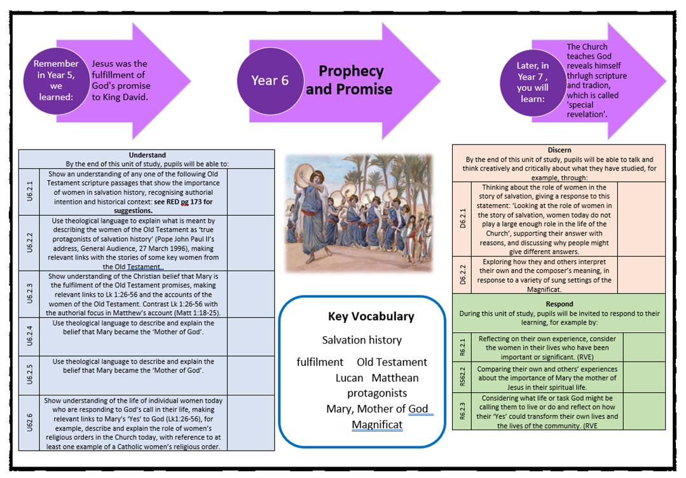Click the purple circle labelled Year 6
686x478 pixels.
270,80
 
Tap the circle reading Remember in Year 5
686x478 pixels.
57,80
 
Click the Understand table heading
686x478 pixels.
147,155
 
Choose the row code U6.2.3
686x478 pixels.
29,294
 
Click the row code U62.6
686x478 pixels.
29,423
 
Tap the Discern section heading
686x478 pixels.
559,150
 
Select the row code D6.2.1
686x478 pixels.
462,220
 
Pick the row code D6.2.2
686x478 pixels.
462,275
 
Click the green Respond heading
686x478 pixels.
559,304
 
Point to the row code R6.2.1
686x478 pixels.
462,347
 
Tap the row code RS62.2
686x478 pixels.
462,377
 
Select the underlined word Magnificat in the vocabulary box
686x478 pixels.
377,425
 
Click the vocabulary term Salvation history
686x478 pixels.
362,340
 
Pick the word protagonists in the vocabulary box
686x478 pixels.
377,393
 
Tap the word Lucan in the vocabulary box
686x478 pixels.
350,377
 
